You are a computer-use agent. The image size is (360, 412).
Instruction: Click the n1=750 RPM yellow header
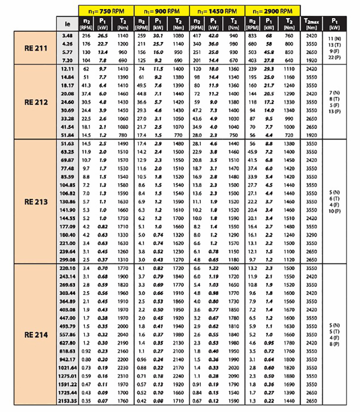[106, 10]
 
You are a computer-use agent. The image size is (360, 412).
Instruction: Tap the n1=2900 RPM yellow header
[272, 10]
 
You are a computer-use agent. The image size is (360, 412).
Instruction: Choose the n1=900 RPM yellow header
[161, 10]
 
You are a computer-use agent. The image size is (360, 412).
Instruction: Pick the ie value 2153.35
[66, 401]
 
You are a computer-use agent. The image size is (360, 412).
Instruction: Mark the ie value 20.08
[66, 94]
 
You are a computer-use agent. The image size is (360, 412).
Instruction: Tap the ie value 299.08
[66, 259]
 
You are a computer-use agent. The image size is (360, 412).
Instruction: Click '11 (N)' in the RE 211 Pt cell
[334, 39]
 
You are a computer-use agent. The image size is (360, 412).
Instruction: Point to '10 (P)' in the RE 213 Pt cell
[334, 211]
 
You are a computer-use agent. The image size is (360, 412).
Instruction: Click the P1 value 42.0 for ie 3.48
[213, 35]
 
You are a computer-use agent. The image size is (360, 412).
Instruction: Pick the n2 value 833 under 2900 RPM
[251, 35]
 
